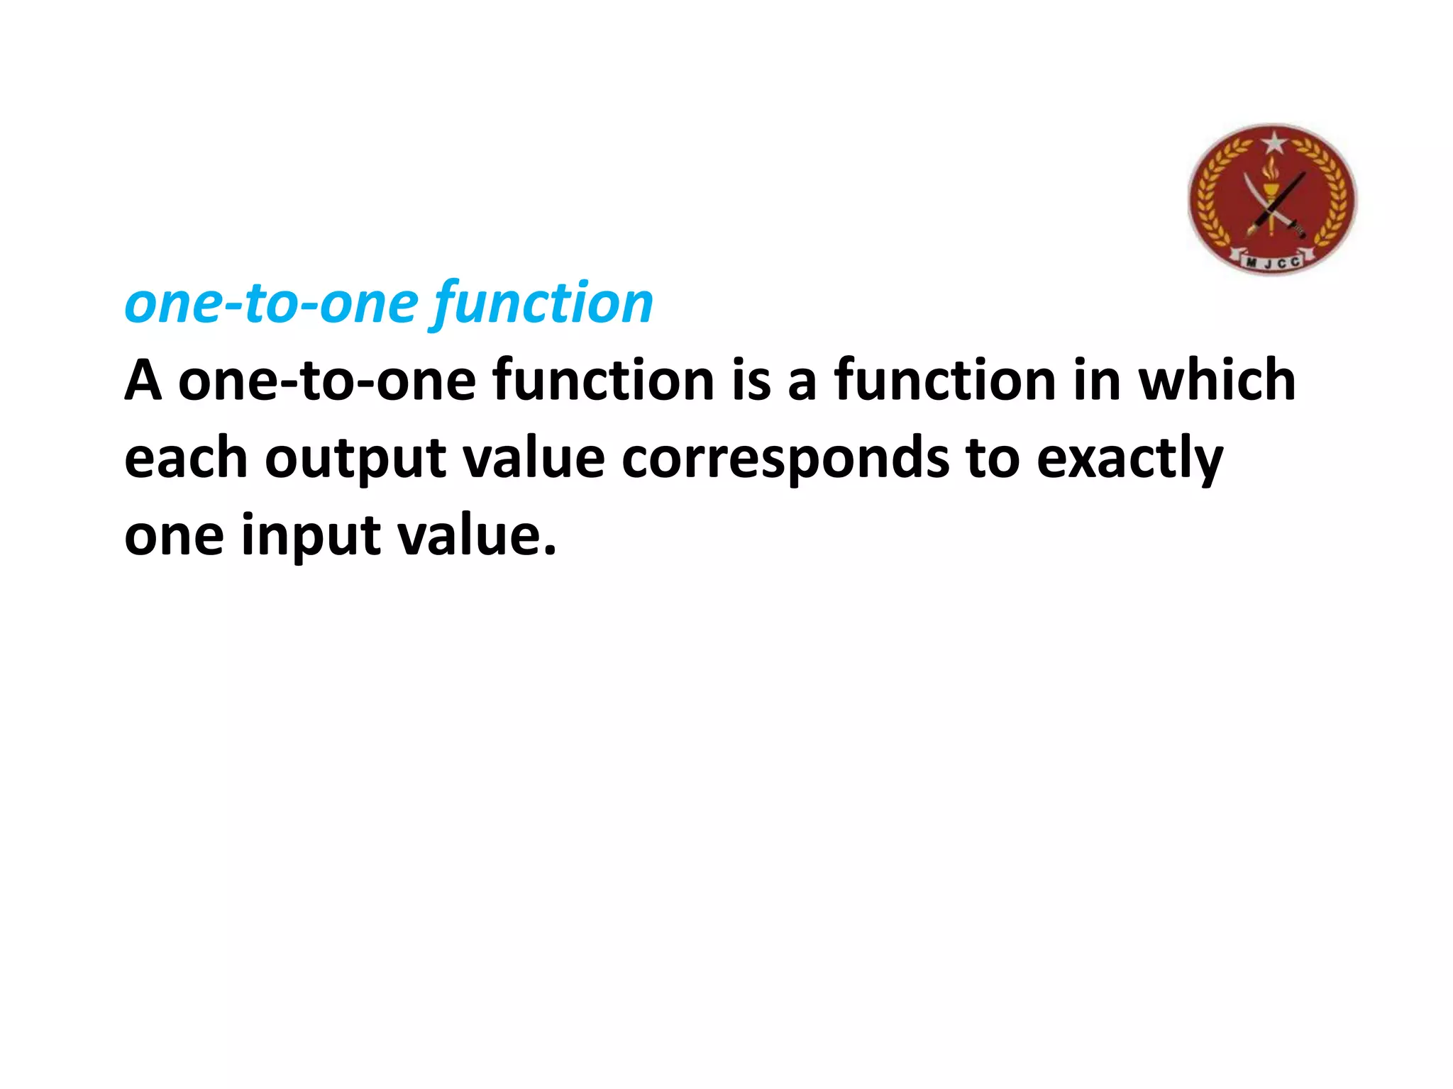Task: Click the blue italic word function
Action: pos(543,303)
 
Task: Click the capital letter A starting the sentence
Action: pos(143,381)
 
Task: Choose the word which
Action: pos(1217,381)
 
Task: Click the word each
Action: pos(186,458)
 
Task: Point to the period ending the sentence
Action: pos(550,550)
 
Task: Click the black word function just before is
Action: pos(603,381)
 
